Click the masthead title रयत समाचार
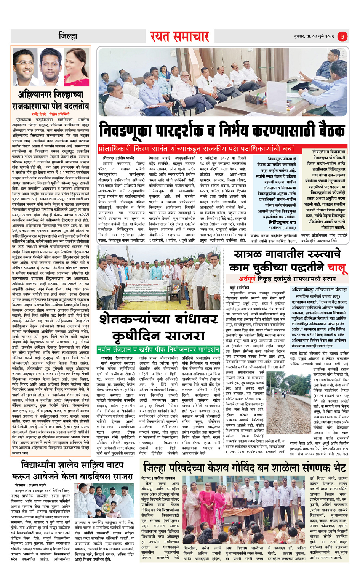pyautogui.click(x=179, y=37)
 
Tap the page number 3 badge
pyautogui.click(x=342, y=37)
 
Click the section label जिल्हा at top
pyautogui.click(x=68, y=37)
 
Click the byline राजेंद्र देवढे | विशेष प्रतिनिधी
pyautogui.click(x=50, y=114)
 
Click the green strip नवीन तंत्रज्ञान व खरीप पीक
pyautogui.click(x=158, y=349)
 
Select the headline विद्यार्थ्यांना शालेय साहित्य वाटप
pyautogui.click(x=72, y=465)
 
